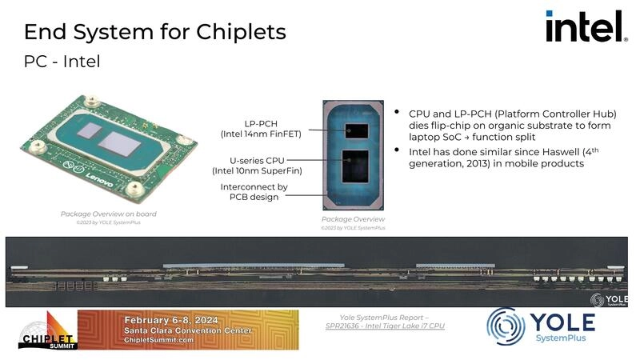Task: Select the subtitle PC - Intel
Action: point(62,62)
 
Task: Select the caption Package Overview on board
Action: point(109,214)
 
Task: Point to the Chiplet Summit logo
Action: point(47,330)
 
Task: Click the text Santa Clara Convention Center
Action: point(188,331)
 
